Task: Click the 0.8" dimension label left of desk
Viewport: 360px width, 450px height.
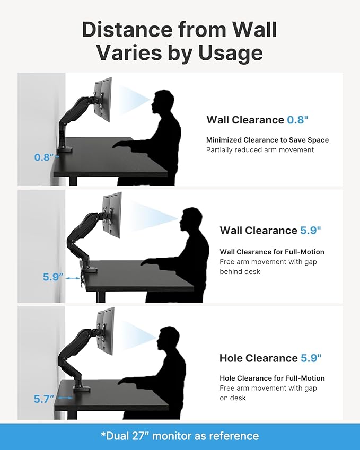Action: [x=45, y=157]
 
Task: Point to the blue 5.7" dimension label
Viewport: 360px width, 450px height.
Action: [x=45, y=399]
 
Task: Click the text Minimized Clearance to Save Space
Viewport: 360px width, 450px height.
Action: [x=267, y=140]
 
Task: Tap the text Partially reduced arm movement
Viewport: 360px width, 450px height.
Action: [x=260, y=150]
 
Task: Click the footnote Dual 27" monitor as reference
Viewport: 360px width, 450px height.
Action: [x=180, y=436]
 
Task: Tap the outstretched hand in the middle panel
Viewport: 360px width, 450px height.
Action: [x=147, y=262]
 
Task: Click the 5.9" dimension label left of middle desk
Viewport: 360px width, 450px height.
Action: [x=54, y=277]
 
